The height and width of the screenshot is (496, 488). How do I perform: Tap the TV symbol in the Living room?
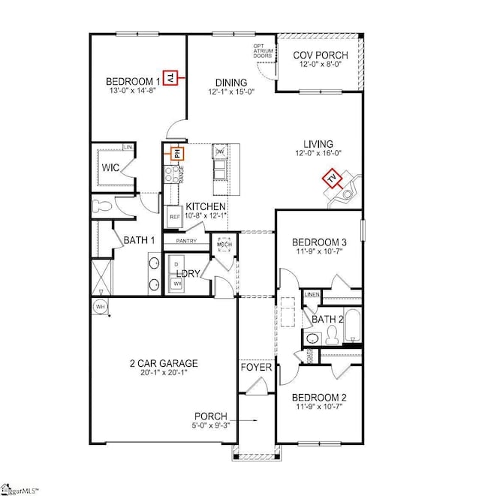coord(331,179)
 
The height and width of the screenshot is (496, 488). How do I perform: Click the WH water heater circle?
coord(99,306)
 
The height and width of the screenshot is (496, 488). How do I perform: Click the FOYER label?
coord(252,368)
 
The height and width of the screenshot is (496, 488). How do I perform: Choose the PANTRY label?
coord(186,241)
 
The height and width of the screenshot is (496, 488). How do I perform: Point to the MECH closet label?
coord(224,245)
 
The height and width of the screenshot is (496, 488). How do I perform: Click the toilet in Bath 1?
coord(101,205)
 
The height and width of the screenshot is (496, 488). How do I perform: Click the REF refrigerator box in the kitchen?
coord(174,217)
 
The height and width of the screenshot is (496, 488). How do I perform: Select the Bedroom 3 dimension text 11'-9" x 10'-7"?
coord(319,252)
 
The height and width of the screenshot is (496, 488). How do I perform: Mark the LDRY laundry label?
coord(188,274)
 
